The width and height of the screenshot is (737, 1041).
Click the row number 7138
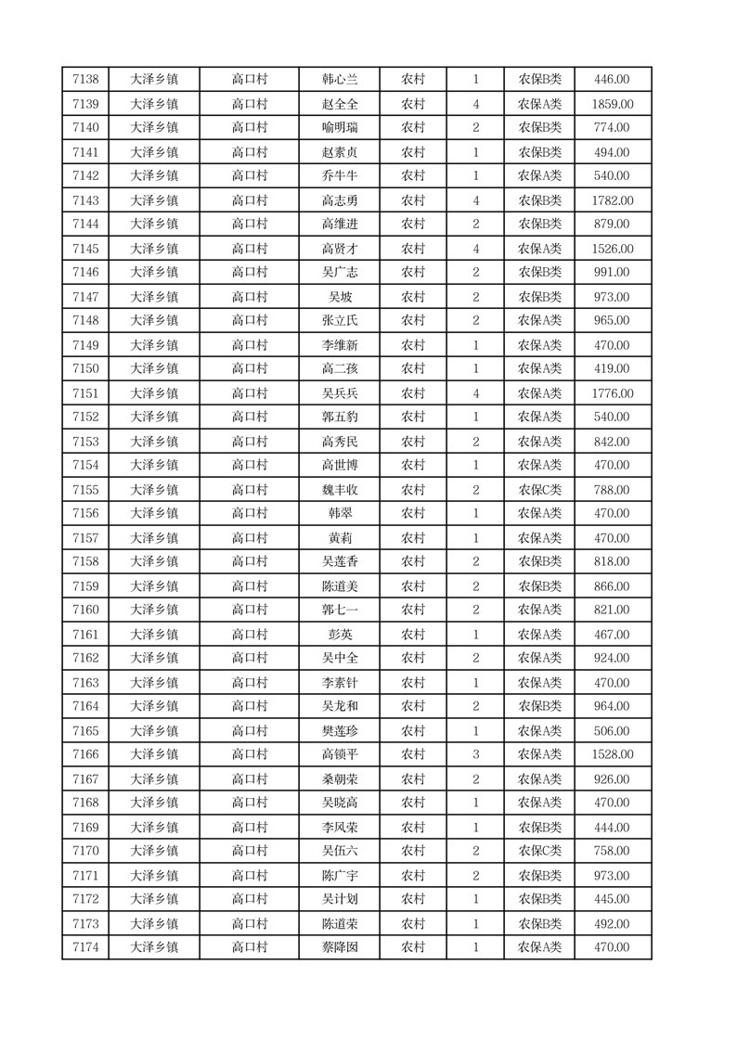84,80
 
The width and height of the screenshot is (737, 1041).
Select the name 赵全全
339,104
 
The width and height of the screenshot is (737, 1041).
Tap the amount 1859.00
612,104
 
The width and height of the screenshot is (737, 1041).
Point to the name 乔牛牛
339,176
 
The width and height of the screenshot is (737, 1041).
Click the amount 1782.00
612,200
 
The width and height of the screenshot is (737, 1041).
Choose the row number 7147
84,297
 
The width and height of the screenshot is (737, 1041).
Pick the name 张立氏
339,321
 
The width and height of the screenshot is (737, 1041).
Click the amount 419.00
612,369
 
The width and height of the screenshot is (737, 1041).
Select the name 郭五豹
339,418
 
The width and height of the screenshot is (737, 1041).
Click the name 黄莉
339,538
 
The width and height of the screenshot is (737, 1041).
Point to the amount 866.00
612,586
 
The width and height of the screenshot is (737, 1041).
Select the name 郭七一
339,610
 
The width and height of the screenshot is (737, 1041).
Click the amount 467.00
612,635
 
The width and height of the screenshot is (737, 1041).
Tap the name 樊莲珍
339,731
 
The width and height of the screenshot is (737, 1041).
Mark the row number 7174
84,947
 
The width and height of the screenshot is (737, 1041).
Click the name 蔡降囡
339,947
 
